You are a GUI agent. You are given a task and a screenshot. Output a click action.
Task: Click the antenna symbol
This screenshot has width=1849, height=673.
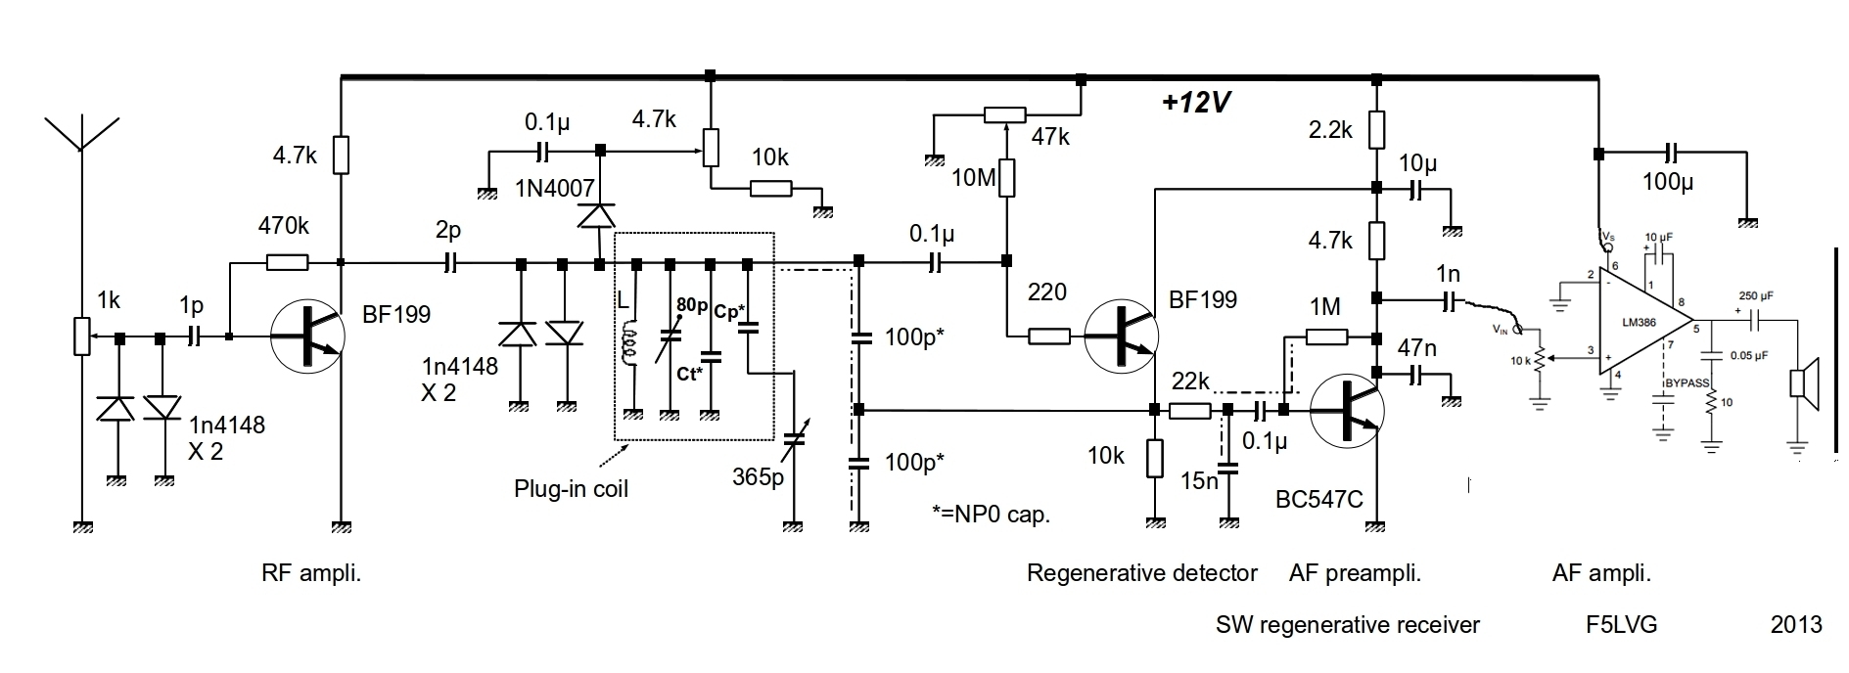(82, 137)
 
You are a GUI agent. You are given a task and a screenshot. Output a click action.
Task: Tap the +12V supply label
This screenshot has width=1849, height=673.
(1195, 104)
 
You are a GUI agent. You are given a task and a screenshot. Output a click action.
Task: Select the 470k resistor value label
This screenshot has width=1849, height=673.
(284, 227)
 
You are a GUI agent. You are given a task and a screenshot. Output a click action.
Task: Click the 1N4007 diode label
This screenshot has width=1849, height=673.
(554, 188)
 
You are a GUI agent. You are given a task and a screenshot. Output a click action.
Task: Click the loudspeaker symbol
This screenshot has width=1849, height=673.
(1803, 382)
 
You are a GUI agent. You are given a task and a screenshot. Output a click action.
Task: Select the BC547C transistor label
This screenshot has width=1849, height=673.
(1318, 499)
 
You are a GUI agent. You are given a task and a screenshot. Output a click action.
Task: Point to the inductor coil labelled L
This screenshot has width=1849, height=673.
(632, 342)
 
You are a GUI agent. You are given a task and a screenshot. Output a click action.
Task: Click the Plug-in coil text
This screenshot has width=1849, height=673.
(571, 488)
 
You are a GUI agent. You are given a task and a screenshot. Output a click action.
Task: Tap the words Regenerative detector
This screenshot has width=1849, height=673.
(1141, 573)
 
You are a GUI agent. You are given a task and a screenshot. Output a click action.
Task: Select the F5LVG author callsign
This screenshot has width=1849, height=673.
(1622, 624)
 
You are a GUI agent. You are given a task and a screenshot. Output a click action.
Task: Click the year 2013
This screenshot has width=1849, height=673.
(1796, 624)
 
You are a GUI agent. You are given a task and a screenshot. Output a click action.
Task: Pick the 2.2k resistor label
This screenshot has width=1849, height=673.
(1330, 129)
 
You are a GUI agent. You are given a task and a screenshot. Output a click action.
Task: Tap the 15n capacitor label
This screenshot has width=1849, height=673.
(1199, 481)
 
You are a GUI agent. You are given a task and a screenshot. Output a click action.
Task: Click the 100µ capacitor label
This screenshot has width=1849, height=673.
(1668, 182)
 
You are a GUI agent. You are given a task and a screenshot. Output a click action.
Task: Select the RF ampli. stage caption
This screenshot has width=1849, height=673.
(311, 573)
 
